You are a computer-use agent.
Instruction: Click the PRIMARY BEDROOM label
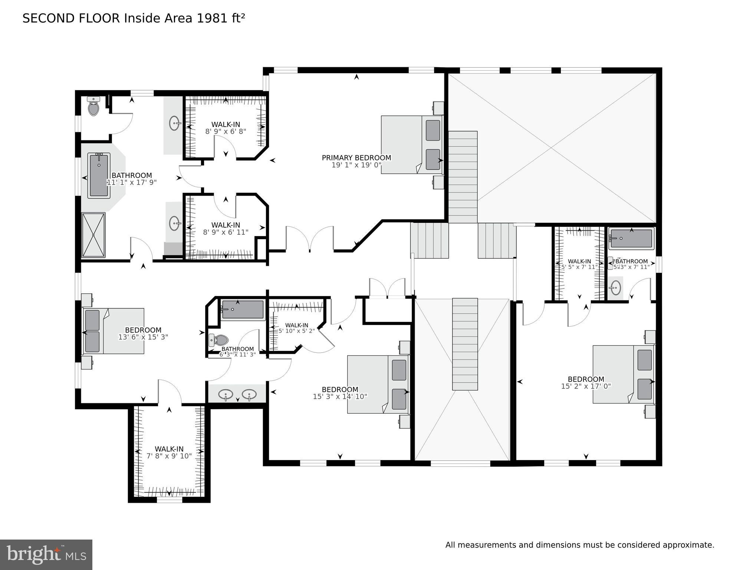[356, 158]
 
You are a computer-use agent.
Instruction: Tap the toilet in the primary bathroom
[93, 107]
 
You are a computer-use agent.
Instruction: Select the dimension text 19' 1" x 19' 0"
[356, 165]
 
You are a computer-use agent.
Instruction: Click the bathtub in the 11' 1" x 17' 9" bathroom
[99, 176]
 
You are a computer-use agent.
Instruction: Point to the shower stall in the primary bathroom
[93, 235]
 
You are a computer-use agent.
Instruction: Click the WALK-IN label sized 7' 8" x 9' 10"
[169, 449]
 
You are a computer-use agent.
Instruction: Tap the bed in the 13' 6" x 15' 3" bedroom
[113, 331]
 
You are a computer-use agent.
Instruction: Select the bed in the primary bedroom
[412, 144]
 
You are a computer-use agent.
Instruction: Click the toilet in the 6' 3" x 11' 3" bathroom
[219, 340]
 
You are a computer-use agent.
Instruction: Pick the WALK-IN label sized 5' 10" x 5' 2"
[296, 325]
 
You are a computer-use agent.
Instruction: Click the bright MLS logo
[46, 555]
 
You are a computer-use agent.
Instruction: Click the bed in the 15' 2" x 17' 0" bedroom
[623, 374]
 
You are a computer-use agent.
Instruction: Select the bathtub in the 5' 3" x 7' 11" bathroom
[631, 238]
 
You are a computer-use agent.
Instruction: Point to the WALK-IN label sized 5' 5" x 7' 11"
[579, 261]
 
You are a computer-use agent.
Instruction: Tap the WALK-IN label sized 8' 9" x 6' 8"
[226, 124]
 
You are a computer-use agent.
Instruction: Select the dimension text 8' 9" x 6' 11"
[226, 232]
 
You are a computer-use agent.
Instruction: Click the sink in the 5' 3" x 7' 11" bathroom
[616, 287]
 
